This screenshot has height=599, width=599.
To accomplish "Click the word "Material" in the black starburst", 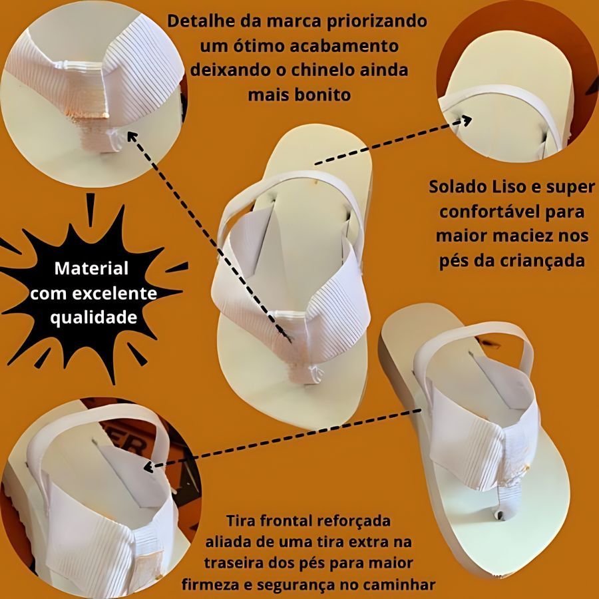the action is tap(91, 268).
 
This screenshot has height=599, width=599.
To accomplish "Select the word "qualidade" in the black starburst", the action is tap(94, 317).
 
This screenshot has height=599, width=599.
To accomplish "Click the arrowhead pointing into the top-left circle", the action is tap(132, 136).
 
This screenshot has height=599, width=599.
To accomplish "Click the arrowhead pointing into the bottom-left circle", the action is tap(148, 467).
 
